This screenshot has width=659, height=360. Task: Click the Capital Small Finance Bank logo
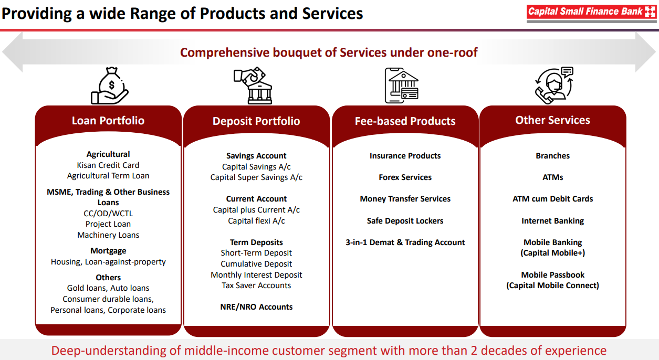[x=591, y=13]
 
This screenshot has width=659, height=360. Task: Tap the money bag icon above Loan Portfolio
[x=109, y=86]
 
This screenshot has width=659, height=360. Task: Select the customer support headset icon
[x=554, y=86]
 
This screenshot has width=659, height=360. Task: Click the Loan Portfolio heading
[x=108, y=121]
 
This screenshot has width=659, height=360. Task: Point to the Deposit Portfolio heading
[x=256, y=121]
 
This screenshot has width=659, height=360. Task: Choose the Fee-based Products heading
[x=405, y=121]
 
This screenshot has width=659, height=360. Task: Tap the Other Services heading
[x=552, y=120]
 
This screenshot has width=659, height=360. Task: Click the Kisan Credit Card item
[x=108, y=165]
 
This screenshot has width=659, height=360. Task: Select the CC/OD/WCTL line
[x=108, y=213]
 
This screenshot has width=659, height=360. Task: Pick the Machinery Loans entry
[x=108, y=235]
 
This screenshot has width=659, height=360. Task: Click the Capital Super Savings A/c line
[x=256, y=177]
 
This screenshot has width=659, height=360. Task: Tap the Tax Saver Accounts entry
[x=256, y=285]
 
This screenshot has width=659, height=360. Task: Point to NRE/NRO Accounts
[x=256, y=307]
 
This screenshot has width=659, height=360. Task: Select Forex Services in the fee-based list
[x=405, y=177]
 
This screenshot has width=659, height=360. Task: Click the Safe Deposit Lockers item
[x=405, y=220]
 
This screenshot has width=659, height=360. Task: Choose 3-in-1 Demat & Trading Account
[x=405, y=242]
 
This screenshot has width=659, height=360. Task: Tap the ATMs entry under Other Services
[x=553, y=177]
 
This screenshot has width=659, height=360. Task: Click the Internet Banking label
[x=553, y=220]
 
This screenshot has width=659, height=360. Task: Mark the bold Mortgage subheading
[x=108, y=251]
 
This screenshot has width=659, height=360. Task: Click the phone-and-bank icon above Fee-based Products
[x=402, y=86]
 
